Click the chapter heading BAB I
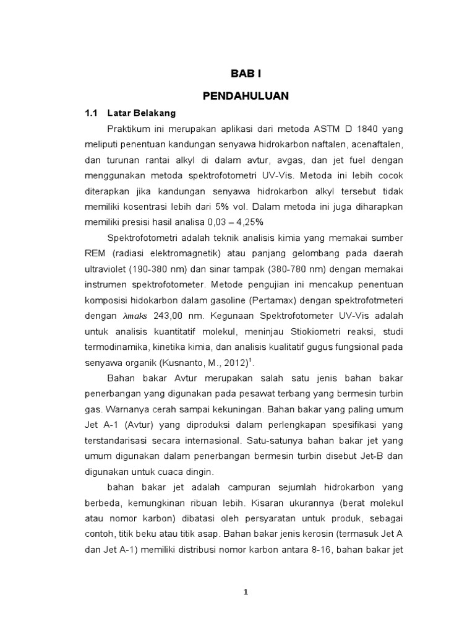point(246,73)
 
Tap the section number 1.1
point(92,113)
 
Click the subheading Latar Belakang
point(142,113)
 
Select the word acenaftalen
point(376,145)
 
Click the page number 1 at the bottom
point(246,592)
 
